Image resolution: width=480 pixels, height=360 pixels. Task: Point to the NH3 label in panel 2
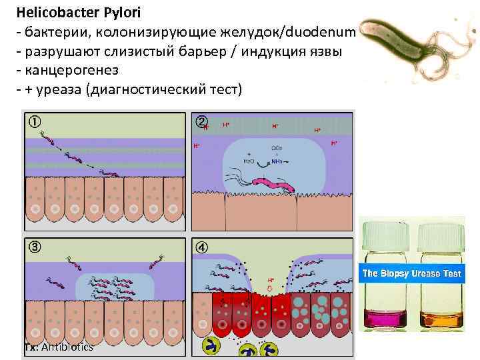[276, 161]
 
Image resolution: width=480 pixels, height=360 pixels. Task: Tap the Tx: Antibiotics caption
[59, 347]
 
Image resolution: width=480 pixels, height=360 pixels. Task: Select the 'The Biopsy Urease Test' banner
[411, 274]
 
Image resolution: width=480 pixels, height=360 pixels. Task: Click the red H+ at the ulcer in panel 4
[271, 281]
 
